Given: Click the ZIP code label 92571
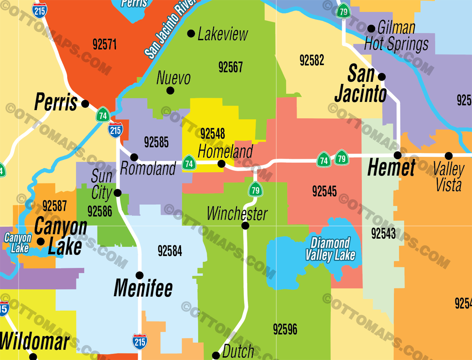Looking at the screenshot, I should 105,44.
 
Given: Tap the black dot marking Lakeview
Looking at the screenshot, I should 191,34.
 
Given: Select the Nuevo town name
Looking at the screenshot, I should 174,78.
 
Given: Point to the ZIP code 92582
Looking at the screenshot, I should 312,61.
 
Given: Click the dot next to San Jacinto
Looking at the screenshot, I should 382,77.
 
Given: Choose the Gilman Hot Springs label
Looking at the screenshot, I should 396,36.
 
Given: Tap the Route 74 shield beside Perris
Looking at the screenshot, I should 103,115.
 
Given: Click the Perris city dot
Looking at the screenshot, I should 85,104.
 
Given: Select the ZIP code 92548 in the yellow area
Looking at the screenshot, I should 212,134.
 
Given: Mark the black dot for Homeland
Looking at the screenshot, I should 222,164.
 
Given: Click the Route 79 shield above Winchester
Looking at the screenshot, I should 256,190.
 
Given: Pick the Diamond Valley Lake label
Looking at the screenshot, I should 330,249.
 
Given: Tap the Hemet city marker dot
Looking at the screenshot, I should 398,155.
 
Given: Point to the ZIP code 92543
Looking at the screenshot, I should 383,233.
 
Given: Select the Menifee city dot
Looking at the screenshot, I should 140,275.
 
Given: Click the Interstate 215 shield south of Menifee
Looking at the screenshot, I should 140,342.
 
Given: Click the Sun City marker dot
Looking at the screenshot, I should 118,193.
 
